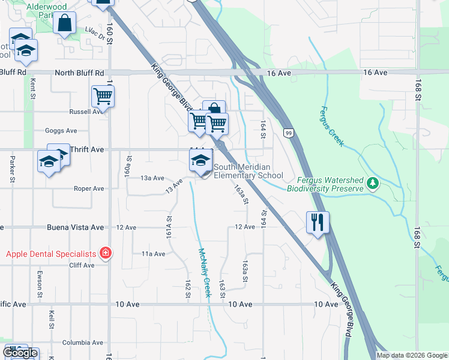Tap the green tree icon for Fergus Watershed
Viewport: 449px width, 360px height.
coord(373,182)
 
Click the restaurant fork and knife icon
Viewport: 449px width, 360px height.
coord(316,222)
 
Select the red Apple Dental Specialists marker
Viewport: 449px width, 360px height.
coord(106,253)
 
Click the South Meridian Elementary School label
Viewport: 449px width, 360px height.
coord(248,171)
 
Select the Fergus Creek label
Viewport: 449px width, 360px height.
coord(331,126)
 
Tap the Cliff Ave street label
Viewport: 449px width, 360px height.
coord(82,265)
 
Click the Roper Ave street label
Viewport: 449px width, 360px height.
coord(88,188)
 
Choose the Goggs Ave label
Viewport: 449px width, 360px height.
coord(61,130)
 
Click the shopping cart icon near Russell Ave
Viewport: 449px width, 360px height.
coord(103,96)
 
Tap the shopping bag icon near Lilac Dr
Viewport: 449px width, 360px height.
coord(64,24)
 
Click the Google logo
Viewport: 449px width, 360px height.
coord(20,352)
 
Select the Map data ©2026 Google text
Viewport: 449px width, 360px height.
coord(412,355)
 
